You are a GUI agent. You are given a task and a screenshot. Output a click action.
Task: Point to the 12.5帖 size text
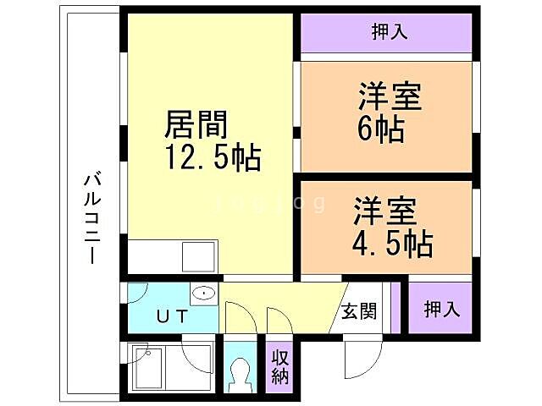point(212,157)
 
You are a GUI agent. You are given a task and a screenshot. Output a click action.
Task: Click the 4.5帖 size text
point(390,243)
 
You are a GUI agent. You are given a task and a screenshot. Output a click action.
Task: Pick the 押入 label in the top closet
point(390,32)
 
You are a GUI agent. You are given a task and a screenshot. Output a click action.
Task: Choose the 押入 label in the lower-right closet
point(441,308)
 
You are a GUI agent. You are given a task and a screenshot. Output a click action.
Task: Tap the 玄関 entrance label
point(359,311)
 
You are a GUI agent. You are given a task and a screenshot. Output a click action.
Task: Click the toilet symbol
point(240,371)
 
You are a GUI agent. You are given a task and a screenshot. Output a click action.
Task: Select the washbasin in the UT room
point(203,294)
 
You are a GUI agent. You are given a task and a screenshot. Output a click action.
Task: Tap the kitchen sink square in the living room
point(201,255)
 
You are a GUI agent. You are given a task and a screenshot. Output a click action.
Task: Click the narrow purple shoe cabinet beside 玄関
point(395,310)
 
